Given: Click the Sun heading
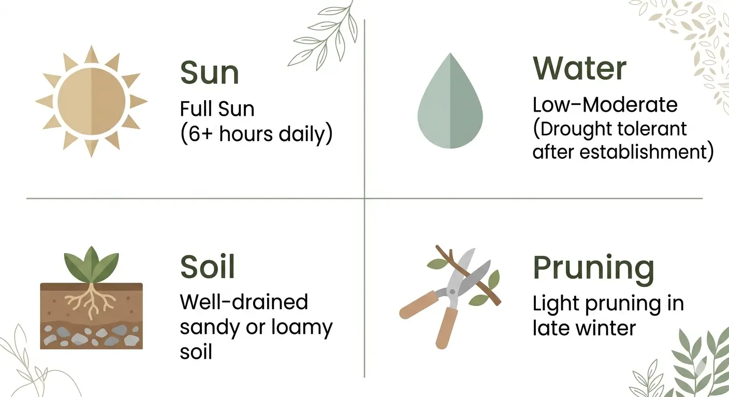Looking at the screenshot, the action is (210, 72).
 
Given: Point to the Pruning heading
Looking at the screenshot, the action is (593, 269).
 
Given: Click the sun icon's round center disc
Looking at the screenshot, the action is (92, 101).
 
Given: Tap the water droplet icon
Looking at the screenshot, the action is (450, 100).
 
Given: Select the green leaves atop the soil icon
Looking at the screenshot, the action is (91, 265).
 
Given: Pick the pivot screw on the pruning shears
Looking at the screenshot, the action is (451, 292).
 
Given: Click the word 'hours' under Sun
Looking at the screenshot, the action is (246, 133).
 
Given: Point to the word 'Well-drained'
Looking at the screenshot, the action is (244, 302).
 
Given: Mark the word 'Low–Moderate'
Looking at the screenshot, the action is (605, 104).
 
